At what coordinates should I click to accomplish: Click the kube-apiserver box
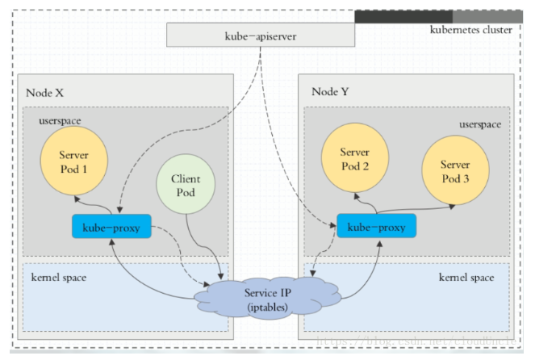(260, 36)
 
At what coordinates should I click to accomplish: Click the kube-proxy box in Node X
(112, 228)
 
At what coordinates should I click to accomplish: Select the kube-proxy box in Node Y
(376, 228)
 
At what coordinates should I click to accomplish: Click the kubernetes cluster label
(472, 30)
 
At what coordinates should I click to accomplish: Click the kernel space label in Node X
(58, 277)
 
